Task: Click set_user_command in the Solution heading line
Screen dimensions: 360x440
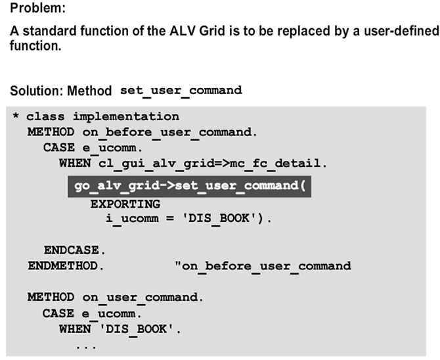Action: pyautogui.click(x=181, y=90)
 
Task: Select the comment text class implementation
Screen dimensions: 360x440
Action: pyautogui.click(x=102, y=116)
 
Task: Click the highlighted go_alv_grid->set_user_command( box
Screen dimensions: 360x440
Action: pyautogui.click(x=189, y=186)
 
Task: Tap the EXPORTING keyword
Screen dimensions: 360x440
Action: pyautogui.click(x=125, y=204)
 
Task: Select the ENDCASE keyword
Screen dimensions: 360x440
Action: pyautogui.click(x=70, y=250)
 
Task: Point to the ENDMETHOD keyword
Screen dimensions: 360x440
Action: pyautogui.click(x=63, y=265)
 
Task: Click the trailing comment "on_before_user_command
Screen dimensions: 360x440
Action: pyautogui.click(x=263, y=265)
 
